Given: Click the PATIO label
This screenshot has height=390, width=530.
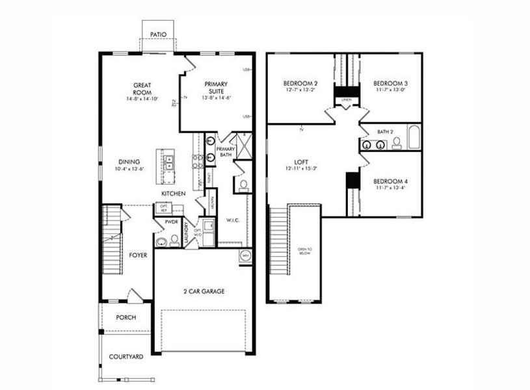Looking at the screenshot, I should click(x=158, y=34).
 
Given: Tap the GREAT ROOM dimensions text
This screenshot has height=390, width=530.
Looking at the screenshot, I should click(x=142, y=99).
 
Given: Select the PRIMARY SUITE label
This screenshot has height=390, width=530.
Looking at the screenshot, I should click(x=217, y=88).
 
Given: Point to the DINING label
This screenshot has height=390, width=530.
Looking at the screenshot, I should click(x=129, y=162).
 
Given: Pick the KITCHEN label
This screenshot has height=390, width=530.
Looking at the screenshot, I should click(x=174, y=194).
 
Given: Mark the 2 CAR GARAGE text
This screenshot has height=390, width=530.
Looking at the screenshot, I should click(x=203, y=291).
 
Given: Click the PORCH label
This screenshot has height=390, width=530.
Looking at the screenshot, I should click(x=126, y=318).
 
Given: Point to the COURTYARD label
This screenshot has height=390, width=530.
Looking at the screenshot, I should click(x=126, y=356).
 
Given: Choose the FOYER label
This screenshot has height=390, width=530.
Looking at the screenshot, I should click(x=137, y=255).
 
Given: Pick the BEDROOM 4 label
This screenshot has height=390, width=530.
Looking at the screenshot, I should click(x=390, y=185).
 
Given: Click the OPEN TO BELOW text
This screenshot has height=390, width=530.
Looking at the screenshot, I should click(x=304, y=251).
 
